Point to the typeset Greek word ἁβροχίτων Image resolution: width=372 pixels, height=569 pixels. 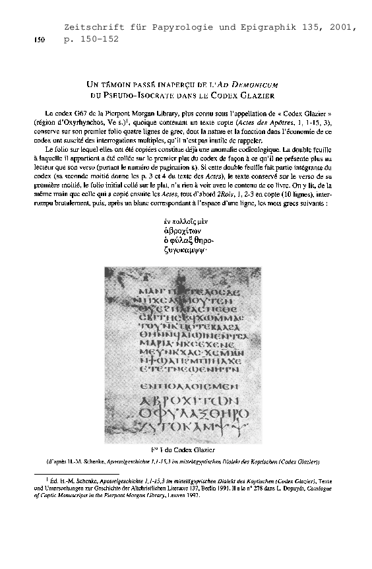coord(180,232)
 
